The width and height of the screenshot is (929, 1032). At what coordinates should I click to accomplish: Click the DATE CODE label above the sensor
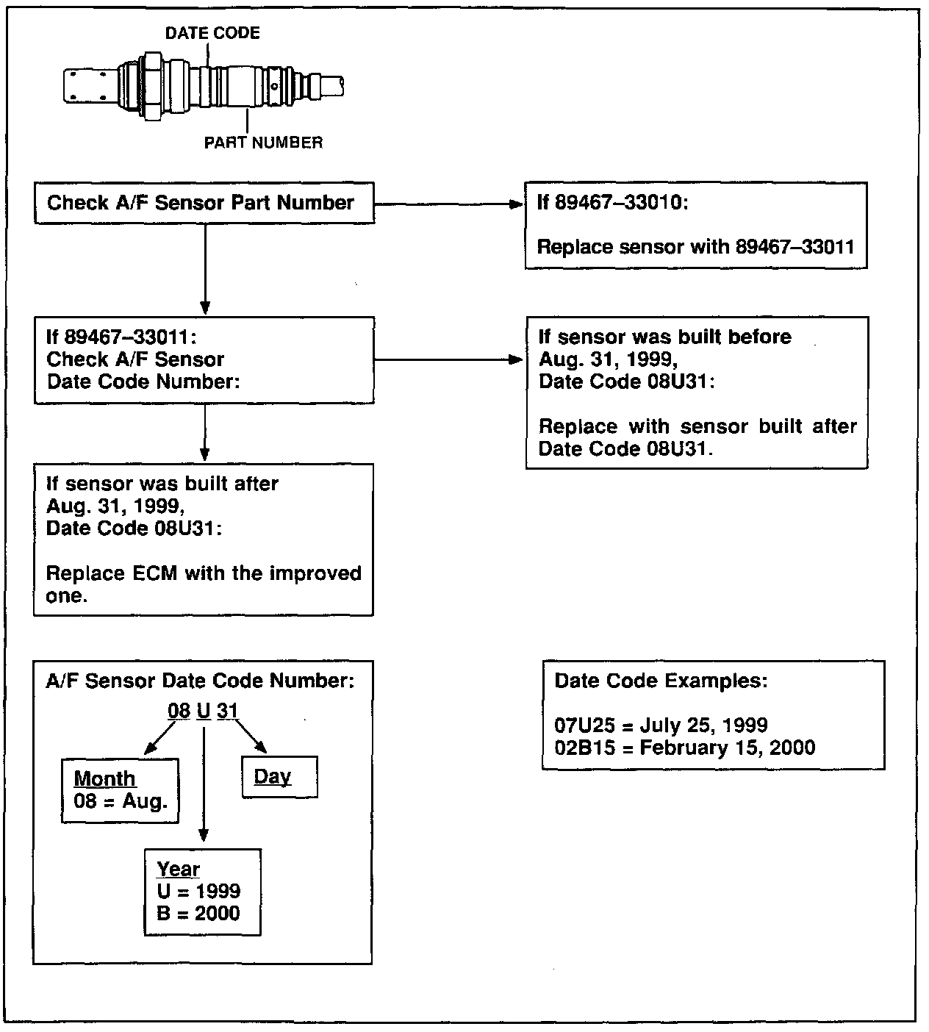tap(212, 33)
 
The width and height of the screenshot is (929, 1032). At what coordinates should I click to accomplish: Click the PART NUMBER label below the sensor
tap(263, 143)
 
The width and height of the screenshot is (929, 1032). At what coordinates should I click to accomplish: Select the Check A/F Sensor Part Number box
tap(204, 203)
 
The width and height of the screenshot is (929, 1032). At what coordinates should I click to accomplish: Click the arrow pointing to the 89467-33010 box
tap(514, 204)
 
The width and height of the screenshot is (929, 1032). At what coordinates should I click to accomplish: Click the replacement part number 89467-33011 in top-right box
tap(795, 247)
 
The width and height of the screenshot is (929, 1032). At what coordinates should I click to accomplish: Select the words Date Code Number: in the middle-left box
tap(144, 382)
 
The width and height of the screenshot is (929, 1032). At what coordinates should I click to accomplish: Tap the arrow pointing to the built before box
tap(514, 360)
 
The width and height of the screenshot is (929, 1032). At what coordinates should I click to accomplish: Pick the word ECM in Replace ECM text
tap(154, 573)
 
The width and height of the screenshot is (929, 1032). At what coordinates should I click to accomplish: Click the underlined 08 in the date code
tap(179, 711)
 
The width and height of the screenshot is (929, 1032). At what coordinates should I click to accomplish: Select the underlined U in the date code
tap(204, 711)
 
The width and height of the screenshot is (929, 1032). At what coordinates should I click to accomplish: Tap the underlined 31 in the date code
tap(227, 711)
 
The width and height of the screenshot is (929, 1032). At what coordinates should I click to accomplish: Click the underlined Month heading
tap(104, 778)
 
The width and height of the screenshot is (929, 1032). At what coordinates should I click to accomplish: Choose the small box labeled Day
tap(279, 778)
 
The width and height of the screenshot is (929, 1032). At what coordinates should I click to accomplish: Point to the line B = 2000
tap(198, 914)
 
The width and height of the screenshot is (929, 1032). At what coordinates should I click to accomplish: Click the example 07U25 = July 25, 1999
tap(661, 725)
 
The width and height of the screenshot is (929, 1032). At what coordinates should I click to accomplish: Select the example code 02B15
tap(585, 748)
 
